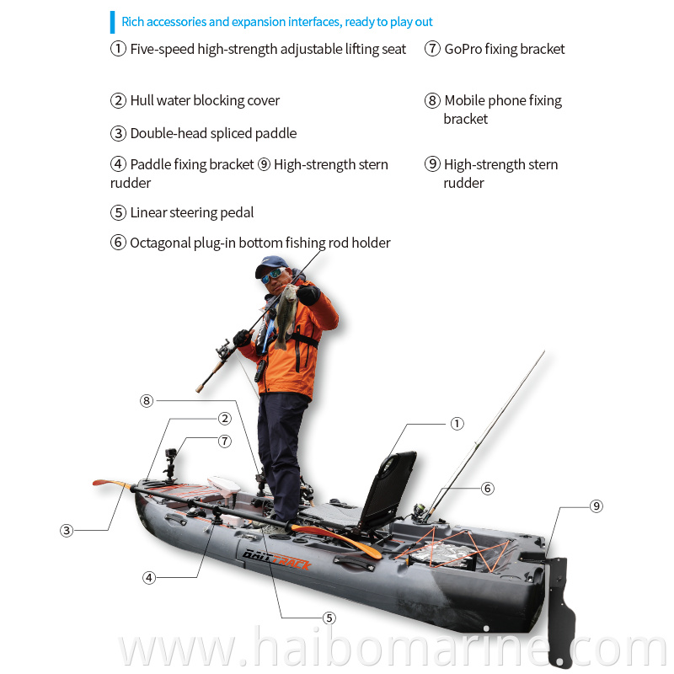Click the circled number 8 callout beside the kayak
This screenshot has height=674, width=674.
pyautogui.click(x=147, y=401)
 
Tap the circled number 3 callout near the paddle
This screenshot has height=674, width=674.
pyautogui.click(x=67, y=531)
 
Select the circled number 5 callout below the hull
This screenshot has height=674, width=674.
pyautogui.click(x=329, y=618)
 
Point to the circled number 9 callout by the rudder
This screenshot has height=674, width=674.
pyautogui.click(x=596, y=506)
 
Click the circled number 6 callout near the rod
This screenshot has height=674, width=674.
pyautogui.click(x=488, y=489)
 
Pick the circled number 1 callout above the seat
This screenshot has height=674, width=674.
pyautogui.click(x=457, y=424)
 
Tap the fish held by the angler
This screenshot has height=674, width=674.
pyautogui.click(x=286, y=315)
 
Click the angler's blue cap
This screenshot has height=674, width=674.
pyautogui.click(x=270, y=265)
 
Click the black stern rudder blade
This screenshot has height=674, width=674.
pyautogui.click(x=560, y=610)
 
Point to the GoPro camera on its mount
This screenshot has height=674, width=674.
pyautogui.click(x=171, y=454)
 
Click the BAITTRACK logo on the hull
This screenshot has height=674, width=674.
pyautogui.click(x=276, y=559)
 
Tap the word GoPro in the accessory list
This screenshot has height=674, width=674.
pyautogui.click(x=463, y=49)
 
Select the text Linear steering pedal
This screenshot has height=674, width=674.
pyautogui.click(x=192, y=213)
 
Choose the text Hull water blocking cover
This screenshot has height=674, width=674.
pyautogui.click(x=205, y=100)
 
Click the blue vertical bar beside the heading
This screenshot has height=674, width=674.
pyautogui.click(x=113, y=23)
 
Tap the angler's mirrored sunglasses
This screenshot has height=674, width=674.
pyautogui.click(x=272, y=275)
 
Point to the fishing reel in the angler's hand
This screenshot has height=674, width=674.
pyautogui.click(x=224, y=349)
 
